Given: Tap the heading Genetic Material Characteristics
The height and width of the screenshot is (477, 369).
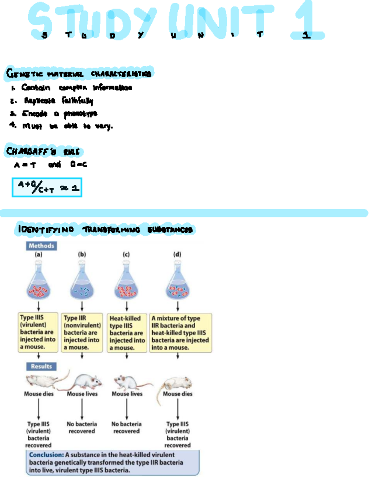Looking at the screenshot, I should coord(78,74).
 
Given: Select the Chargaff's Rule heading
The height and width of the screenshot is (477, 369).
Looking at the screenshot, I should coord(43,151).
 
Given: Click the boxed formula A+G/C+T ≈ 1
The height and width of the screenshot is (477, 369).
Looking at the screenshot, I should coord(47,187).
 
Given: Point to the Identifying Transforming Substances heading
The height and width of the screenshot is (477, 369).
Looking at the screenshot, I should coord(105,229).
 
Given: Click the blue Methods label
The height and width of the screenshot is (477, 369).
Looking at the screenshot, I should coord(41,246).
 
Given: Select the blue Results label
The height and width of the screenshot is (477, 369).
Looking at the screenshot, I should coord(41,366).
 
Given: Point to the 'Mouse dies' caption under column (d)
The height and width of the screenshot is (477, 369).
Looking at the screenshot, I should coord(177,394).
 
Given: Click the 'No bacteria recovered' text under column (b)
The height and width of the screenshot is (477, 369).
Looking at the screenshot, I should coord(82,427).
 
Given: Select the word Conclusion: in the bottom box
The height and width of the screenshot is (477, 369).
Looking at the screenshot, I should coord(46,455).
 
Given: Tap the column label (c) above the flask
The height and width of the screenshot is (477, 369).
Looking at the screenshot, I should coord(126,254).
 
